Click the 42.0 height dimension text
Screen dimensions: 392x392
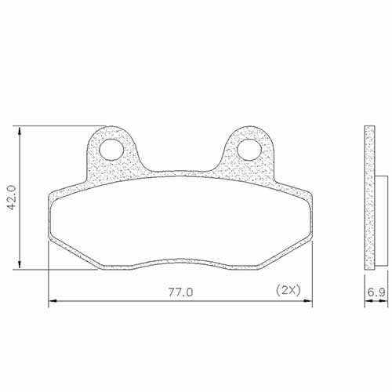click(x=11, y=198)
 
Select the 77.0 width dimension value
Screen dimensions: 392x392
click(x=180, y=291)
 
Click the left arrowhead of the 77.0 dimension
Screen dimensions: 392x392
click(x=53, y=300)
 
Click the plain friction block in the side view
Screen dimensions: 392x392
click(x=381, y=220)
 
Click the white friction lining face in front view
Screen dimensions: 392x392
click(x=180, y=227)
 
